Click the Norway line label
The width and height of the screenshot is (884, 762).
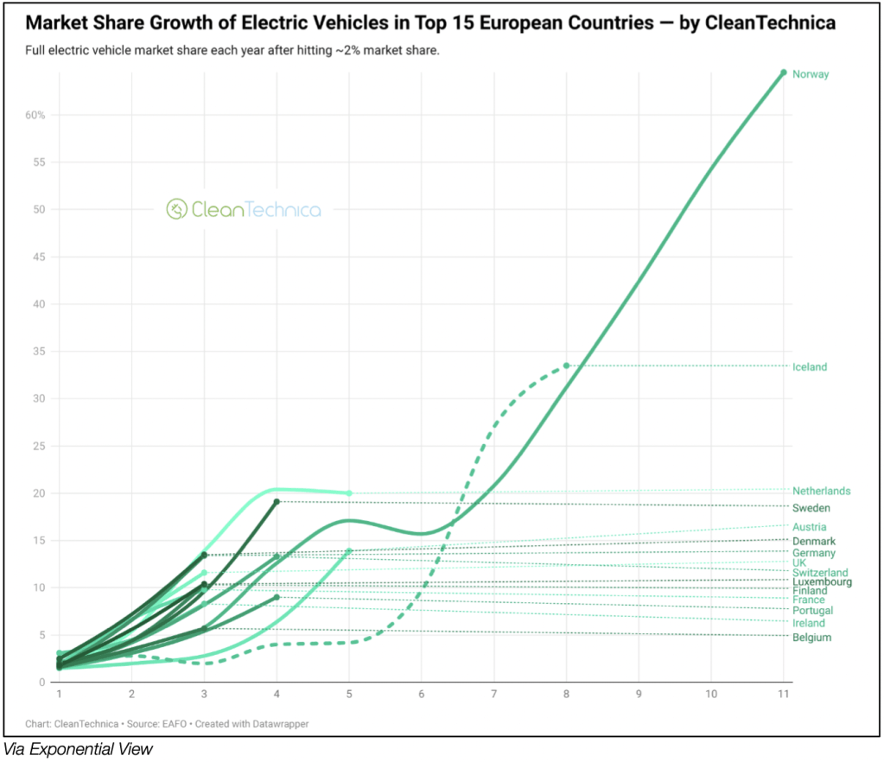[x=811, y=74]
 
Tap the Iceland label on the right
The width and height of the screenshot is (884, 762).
[x=810, y=367]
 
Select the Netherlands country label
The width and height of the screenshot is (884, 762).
[x=821, y=492]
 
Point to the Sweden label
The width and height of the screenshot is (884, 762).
[x=811, y=508]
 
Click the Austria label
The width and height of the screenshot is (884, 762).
[x=809, y=527]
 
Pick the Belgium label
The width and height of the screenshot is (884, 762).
[x=811, y=638]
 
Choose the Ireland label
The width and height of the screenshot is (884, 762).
[x=809, y=623]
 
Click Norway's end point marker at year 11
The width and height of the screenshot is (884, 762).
[x=784, y=73]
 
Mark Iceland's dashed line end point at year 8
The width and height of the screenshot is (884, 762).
[x=567, y=365]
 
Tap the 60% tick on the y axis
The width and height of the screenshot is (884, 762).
[x=35, y=115]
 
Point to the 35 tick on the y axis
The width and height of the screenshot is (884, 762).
[x=39, y=352]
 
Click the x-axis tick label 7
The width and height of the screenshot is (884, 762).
[x=494, y=694]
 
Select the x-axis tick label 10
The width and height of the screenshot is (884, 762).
[x=711, y=694]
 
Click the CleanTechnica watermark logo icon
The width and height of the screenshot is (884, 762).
[x=176, y=209]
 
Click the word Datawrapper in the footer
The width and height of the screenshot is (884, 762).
[x=279, y=723]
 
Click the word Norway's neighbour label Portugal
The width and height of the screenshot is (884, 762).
[x=813, y=611]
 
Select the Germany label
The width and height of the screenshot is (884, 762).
[x=814, y=553]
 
